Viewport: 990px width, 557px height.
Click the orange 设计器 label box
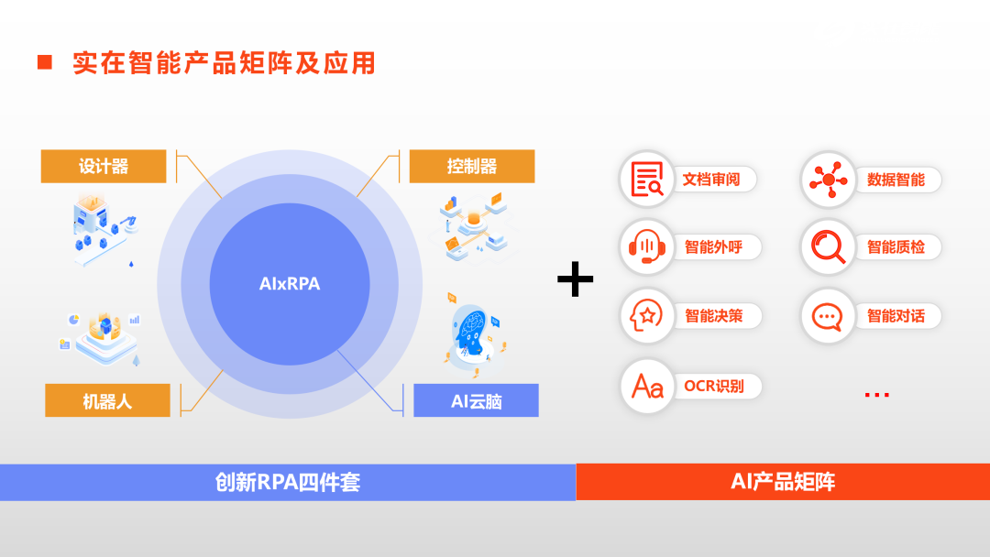[104, 166]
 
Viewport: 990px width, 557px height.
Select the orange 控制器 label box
[471, 166]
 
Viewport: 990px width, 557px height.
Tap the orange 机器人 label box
[107, 400]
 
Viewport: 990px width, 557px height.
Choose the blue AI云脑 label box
[476, 400]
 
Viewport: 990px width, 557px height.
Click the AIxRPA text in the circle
[290, 284]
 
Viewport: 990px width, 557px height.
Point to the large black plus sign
[576, 278]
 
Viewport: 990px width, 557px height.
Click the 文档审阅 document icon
[647, 180]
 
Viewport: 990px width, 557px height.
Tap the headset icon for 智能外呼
[647, 247]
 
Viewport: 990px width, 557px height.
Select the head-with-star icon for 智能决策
[647, 316]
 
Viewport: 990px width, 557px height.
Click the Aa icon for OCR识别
[647, 386]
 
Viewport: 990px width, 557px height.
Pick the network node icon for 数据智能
[829, 180]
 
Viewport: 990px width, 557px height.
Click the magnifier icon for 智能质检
[829, 247]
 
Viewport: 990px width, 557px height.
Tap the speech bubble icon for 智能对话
[829, 316]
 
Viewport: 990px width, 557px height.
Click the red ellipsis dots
[876, 395]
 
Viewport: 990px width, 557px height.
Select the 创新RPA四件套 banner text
[288, 482]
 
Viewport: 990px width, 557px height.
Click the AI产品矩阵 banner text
[783, 482]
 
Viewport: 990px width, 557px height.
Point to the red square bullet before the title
[44, 62]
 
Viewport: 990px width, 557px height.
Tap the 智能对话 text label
[896, 316]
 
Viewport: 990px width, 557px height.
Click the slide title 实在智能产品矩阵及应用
[224, 62]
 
